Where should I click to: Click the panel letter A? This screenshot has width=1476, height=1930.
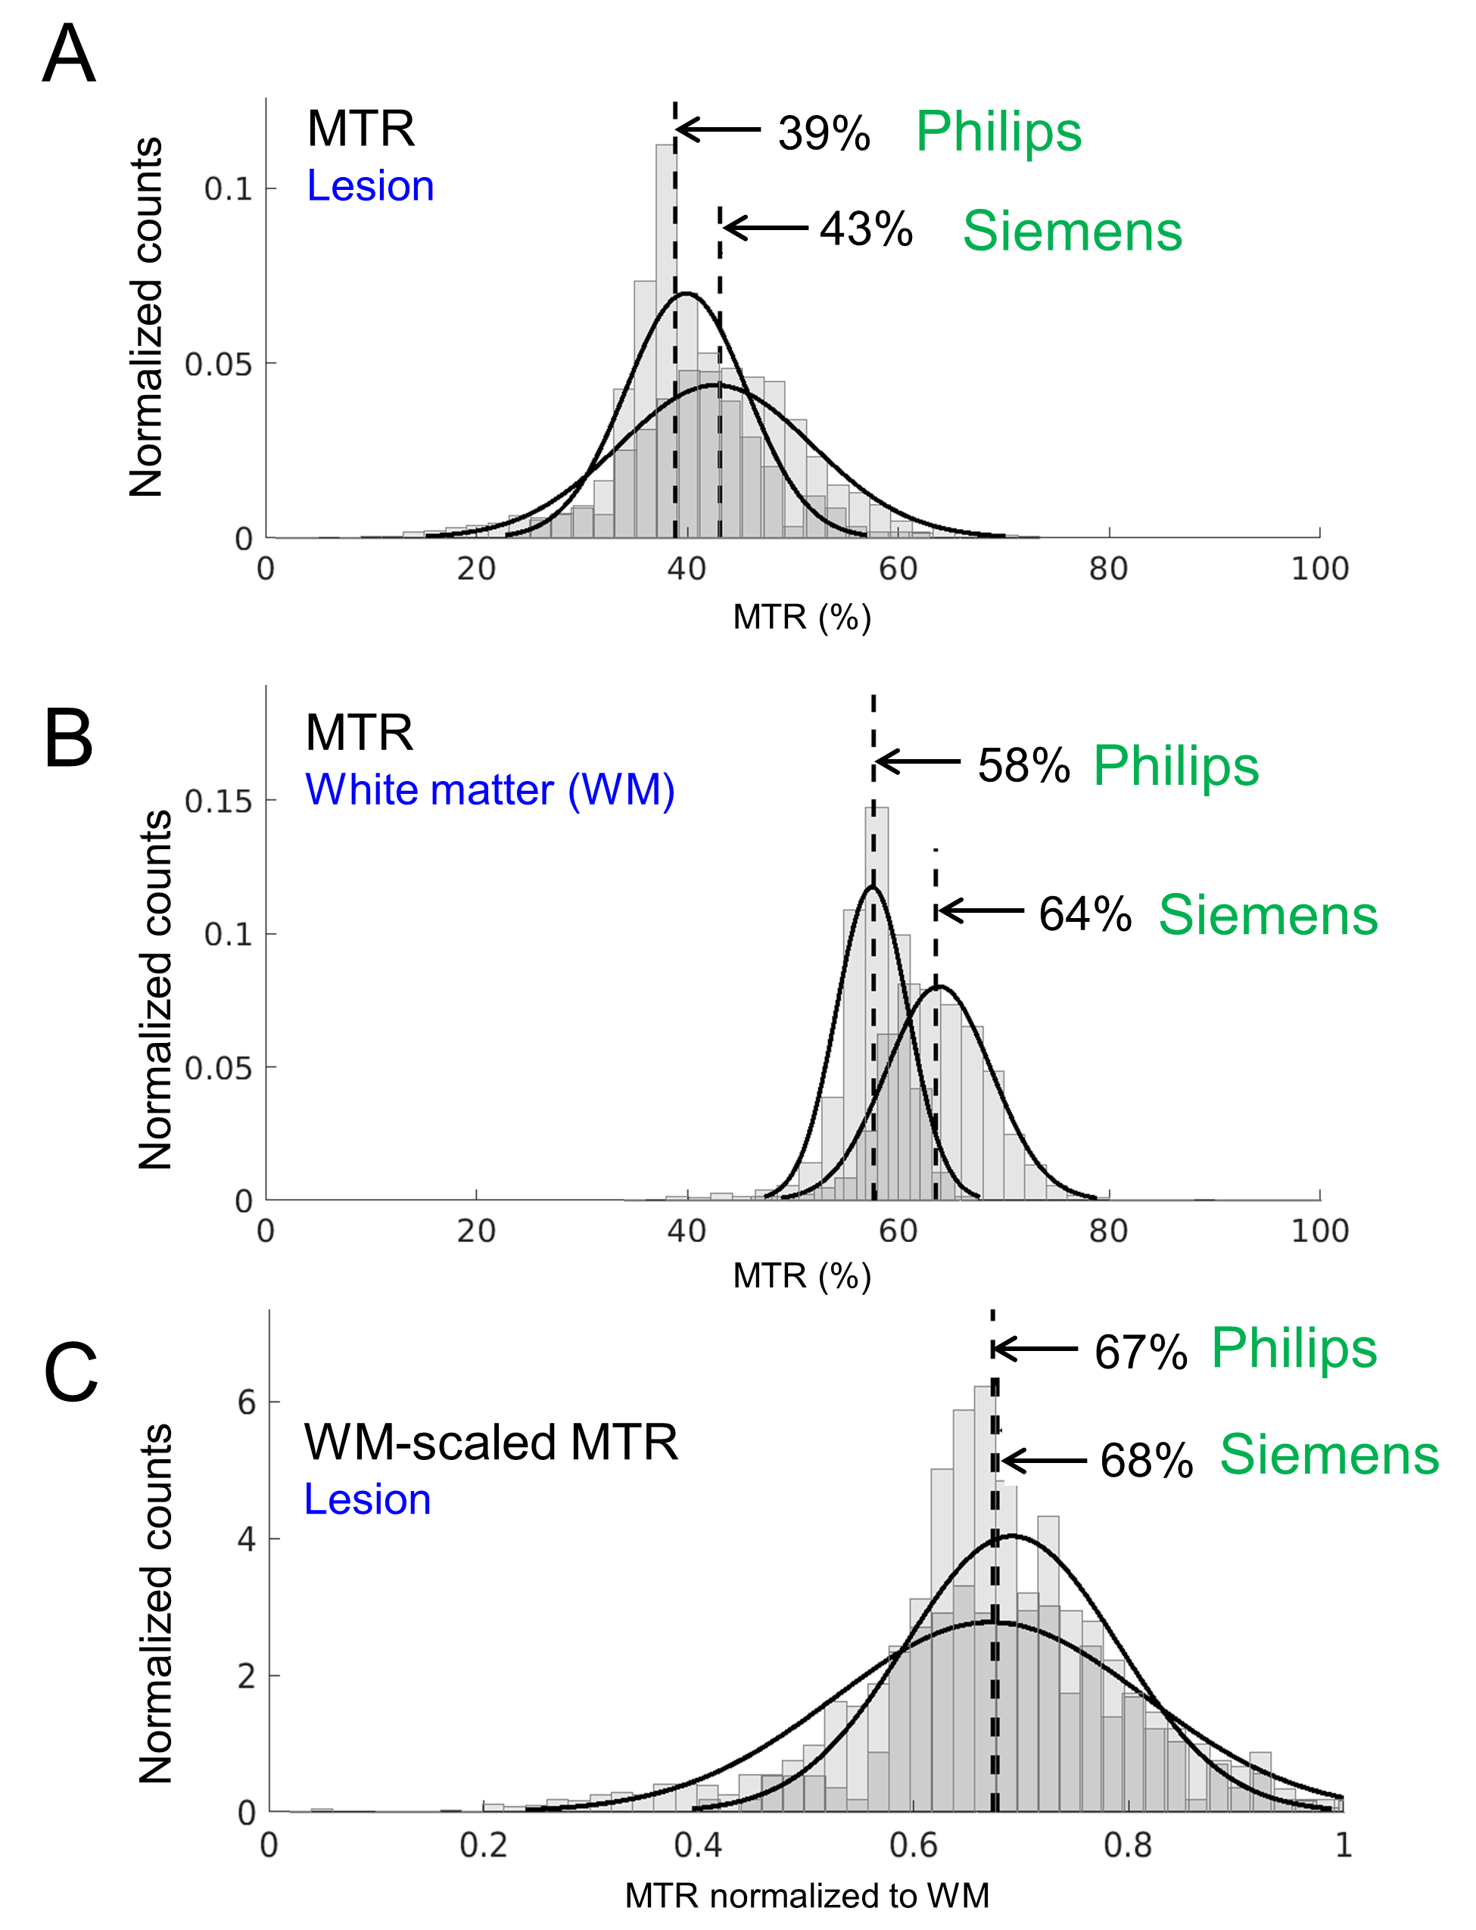coord(69,54)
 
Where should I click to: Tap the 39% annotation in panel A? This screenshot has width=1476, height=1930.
coord(824,133)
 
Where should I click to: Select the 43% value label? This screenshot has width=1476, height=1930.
coord(866,230)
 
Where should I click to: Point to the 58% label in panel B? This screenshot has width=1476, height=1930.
coord(1023,765)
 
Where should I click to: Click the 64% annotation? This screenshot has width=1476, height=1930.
coord(1085,914)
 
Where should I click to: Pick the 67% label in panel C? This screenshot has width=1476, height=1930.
coord(1141,1352)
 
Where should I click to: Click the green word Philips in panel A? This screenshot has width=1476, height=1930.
coord(998,132)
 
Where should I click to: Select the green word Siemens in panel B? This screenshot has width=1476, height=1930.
coord(1268,915)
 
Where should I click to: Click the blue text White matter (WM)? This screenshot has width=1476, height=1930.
coord(490,789)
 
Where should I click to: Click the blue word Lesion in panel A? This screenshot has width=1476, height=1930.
coord(370,186)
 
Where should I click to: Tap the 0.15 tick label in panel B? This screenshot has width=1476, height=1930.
coord(218,802)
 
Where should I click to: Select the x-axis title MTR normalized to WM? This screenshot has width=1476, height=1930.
coord(807,1896)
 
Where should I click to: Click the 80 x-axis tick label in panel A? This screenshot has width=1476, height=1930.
coord(1108,569)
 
